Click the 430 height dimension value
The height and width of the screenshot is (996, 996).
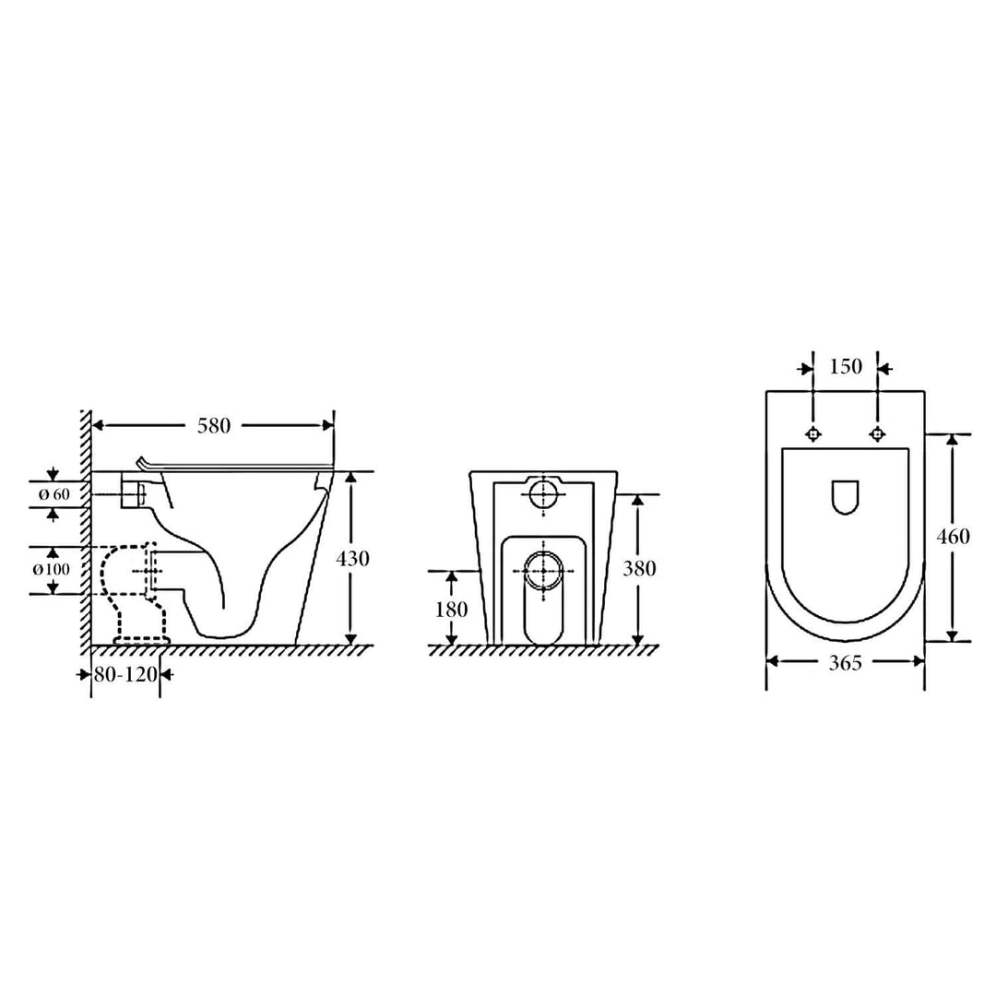(x=353, y=559)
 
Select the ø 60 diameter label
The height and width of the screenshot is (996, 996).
(x=54, y=495)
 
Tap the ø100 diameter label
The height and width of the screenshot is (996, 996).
(x=52, y=569)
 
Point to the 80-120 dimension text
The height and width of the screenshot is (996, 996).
(x=125, y=674)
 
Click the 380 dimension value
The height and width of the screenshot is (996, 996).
(x=639, y=569)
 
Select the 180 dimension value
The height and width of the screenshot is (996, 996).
(x=452, y=610)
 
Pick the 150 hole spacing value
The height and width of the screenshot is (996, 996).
(x=846, y=367)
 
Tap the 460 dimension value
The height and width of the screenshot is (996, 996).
(x=953, y=537)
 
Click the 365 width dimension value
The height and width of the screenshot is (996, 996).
(x=846, y=661)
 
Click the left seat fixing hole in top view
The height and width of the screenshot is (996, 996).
(x=813, y=434)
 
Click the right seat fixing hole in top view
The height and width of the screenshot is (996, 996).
(x=876, y=434)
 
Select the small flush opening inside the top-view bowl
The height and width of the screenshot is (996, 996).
(x=845, y=496)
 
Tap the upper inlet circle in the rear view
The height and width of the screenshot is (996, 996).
(x=544, y=494)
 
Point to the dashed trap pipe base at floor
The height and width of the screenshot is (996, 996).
(x=141, y=637)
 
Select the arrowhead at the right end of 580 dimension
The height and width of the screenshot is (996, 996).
(x=327, y=425)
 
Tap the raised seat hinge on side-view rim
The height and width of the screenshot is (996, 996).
(x=143, y=462)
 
